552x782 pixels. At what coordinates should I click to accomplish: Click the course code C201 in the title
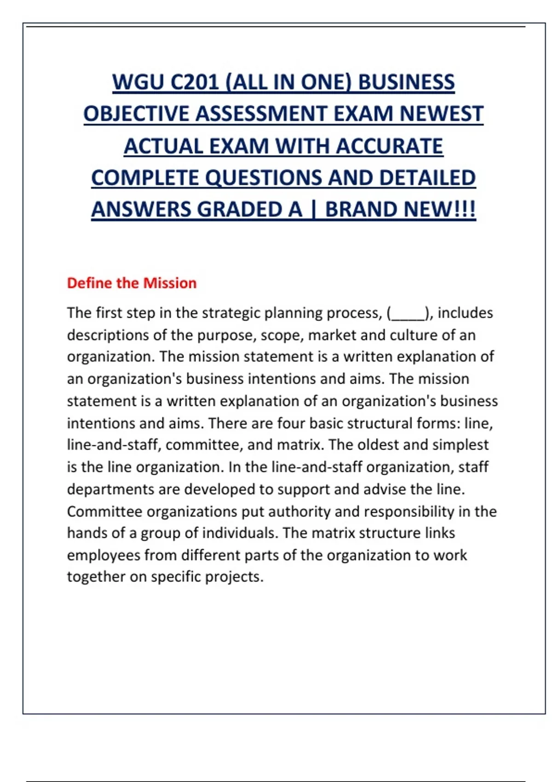pos(195,83)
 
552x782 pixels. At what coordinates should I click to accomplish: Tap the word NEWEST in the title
pos(441,114)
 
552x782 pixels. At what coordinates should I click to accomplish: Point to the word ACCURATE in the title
pos(389,146)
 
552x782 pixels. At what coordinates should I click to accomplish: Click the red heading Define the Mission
pos(132,283)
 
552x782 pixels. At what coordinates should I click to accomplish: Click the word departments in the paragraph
pos(110,489)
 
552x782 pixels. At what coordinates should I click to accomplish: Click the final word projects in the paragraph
pos(234,577)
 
